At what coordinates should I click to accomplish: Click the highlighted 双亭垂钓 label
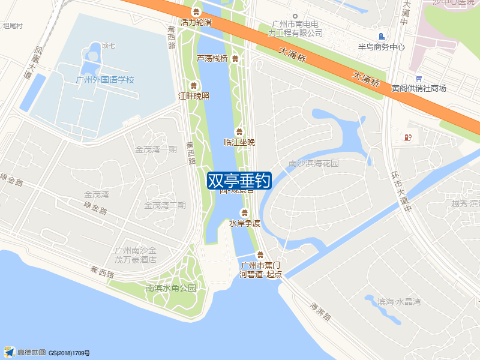pos(239,181)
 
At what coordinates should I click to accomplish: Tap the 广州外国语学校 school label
pos(106,80)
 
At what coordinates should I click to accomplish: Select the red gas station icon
pos(409,137)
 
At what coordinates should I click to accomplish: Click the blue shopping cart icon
pos(418,78)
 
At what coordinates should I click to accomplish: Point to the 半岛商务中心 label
pos(381,47)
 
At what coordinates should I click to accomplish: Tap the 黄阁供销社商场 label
pos(419,88)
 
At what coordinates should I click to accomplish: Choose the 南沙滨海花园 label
pos(314,163)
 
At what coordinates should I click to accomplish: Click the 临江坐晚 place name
pos(239,142)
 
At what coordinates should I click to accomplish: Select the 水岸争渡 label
pos(245,223)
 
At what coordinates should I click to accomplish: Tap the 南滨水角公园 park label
pos(171,288)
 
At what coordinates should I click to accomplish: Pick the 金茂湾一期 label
pos(156,149)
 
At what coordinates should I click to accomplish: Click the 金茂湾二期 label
pos(165,205)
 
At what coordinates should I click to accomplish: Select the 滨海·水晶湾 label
pos(400,301)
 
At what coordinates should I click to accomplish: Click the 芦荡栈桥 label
pos(212,58)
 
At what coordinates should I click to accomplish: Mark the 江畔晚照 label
pos(194,96)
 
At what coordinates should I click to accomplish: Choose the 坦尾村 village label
pos(13,26)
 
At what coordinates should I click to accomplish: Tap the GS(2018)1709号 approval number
pos(69,353)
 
